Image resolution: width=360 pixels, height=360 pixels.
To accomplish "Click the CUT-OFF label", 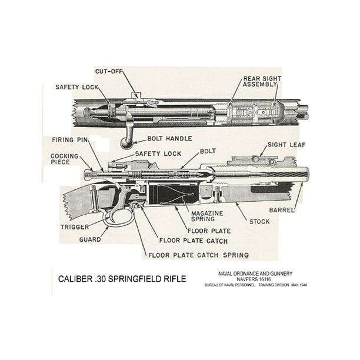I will tap(109, 71).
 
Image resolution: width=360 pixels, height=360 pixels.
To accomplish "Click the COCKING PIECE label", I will tap(65, 159).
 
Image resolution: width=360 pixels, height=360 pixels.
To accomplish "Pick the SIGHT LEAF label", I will tap(286, 144).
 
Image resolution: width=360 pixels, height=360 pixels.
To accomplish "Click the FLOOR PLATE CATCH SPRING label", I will tap(198, 255).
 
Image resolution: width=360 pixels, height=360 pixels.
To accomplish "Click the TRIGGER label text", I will tap(74, 226).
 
